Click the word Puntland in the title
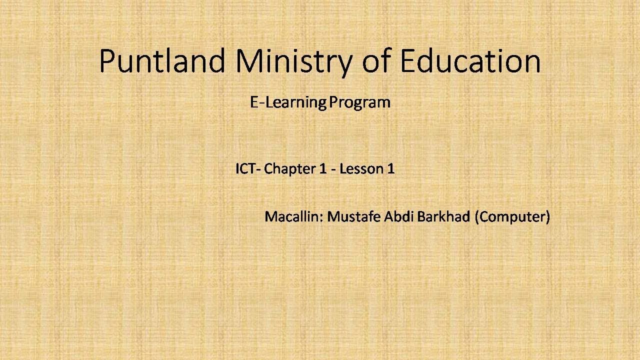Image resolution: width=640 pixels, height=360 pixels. [x=161, y=61]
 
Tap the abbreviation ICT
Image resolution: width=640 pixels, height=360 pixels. [x=246, y=169]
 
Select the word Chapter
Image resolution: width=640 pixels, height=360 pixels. [x=289, y=169]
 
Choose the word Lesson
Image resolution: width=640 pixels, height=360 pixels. [x=361, y=169]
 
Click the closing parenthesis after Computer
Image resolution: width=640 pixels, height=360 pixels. [x=547, y=217]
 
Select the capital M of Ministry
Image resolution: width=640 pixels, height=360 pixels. [x=247, y=61]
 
